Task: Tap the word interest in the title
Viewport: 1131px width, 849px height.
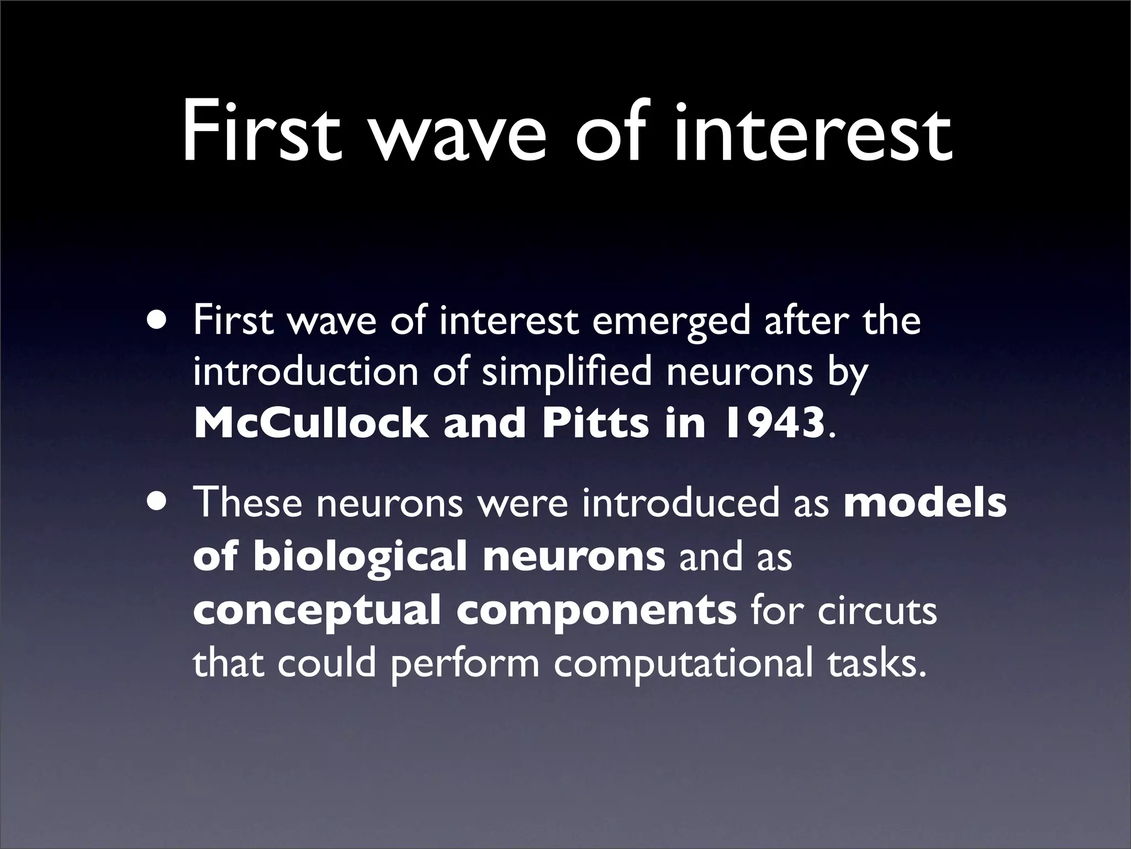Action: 812,133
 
